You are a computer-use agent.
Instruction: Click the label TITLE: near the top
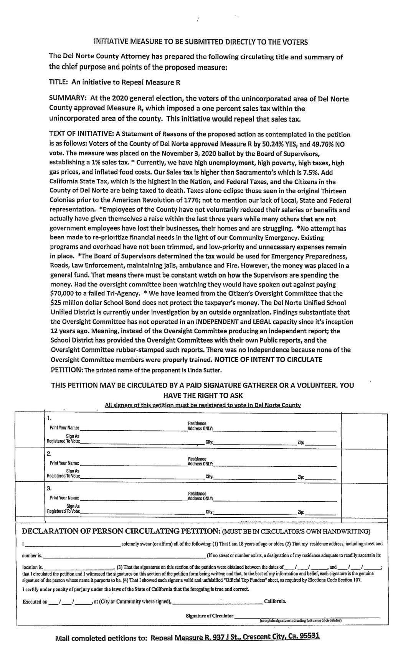(x=59, y=82)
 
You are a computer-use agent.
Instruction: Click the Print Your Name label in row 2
(x=64, y=463)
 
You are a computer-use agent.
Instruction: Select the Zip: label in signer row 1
(x=301, y=443)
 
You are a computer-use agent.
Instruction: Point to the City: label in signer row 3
(x=210, y=512)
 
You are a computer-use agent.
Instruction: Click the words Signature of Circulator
(x=209, y=616)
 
